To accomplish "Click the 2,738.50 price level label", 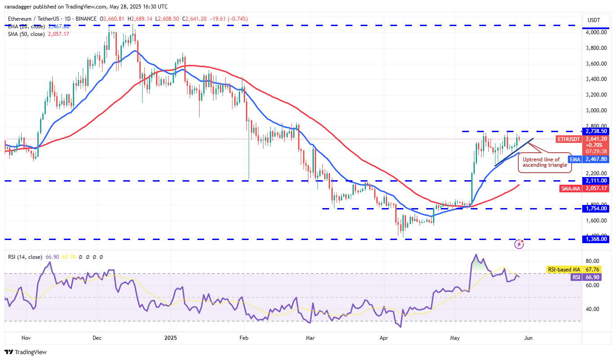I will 595,131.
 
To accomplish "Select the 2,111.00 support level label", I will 595,181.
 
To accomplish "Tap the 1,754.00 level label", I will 595,209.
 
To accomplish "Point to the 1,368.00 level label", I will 595,239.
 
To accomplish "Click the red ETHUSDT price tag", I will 568,139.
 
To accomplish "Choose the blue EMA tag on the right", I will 575,159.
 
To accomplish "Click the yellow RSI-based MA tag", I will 563,270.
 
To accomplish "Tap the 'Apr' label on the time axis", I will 384,337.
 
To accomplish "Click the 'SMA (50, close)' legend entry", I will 26,34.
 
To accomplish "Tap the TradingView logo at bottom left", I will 26,352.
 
